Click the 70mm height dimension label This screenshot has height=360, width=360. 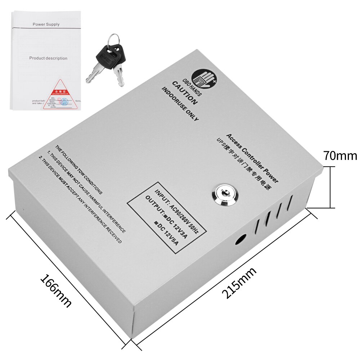tap(339, 156)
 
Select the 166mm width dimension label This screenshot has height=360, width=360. tap(56, 291)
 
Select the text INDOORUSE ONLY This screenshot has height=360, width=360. tap(179, 104)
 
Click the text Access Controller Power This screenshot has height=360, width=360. tap(252, 156)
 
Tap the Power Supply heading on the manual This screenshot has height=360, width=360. tap(46, 24)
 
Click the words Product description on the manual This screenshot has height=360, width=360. tap(48, 58)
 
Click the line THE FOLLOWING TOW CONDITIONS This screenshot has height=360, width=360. tap(78, 170)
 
